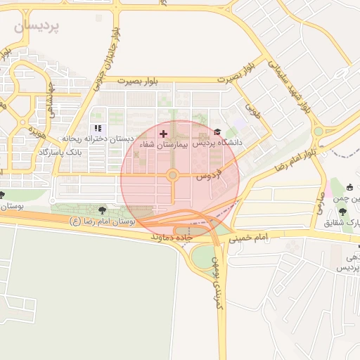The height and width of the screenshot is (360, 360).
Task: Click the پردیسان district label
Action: point(37,26)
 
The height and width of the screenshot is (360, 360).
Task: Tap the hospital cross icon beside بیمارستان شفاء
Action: point(164,133)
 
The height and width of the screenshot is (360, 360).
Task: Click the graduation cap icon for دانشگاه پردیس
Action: point(217,132)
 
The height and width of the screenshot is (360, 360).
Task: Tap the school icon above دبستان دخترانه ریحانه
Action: point(98,128)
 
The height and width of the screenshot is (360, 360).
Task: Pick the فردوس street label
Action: point(208,172)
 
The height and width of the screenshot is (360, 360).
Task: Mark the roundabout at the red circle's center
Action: point(172,175)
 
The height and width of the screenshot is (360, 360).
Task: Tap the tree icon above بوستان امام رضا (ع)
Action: point(104,209)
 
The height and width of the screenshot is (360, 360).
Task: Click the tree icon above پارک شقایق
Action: point(342,212)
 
